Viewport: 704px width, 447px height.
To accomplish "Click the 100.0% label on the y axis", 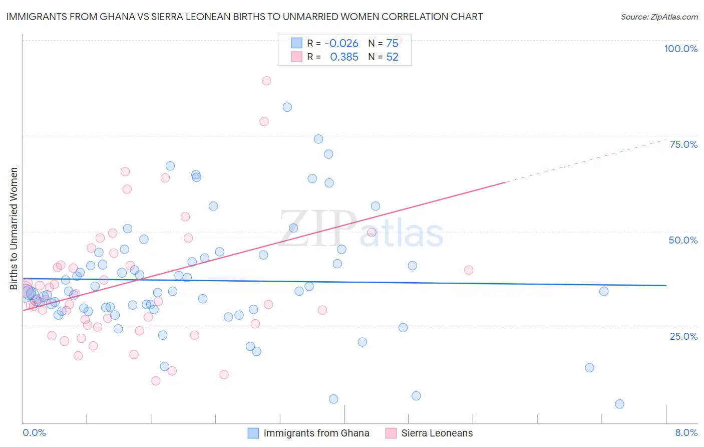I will click(680, 49).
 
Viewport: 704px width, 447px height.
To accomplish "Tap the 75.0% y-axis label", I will click(683, 144).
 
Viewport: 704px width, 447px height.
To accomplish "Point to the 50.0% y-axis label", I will click(683, 240).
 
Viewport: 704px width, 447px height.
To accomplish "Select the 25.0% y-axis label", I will click(683, 336).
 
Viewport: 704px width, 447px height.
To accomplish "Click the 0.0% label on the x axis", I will click(34, 432).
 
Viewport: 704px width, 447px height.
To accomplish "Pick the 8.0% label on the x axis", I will click(686, 432).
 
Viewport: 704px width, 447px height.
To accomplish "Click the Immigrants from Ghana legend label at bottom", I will click(316, 433).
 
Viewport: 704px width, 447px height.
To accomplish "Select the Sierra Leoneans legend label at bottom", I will click(437, 433).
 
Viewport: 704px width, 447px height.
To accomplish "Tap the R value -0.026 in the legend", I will click(341, 44).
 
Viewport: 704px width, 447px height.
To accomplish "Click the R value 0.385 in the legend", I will click(344, 57).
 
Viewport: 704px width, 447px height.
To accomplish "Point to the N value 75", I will click(392, 44).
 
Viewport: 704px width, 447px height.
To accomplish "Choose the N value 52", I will click(392, 57).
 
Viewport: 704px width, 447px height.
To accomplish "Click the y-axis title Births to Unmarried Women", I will click(14, 229).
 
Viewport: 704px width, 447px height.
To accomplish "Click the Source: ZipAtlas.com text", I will click(659, 17).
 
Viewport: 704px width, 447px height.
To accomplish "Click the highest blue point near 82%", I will click(287, 107).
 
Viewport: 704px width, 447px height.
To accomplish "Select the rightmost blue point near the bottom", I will click(619, 404).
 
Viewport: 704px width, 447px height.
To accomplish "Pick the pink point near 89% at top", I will click(266, 81).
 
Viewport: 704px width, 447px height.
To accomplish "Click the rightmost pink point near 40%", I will click(469, 270).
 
